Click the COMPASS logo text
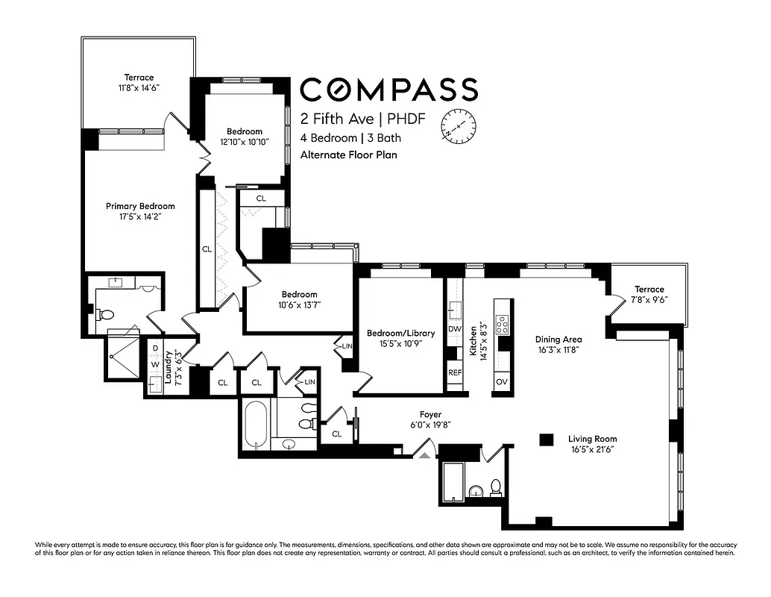tap(388, 90)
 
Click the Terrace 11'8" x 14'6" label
tap(139, 82)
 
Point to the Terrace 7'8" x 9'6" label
tap(649, 294)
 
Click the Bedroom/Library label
tap(395, 339)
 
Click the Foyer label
tap(430, 419)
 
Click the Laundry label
tap(171, 366)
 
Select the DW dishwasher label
tap(454, 328)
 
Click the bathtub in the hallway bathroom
tap(255, 425)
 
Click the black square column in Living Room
tap(547, 440)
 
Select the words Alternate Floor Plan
tap(348, 155)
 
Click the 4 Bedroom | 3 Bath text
tap(350, 138)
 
